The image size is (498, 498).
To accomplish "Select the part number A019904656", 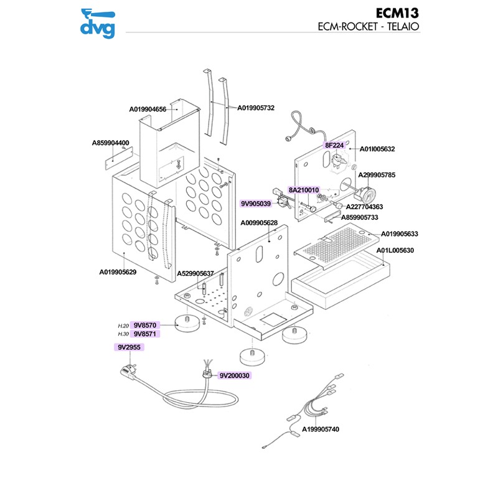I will tap(148, 110).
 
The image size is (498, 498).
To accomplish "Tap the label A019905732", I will tap(256, 108).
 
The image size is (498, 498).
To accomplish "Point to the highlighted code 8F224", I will tap(334, 145).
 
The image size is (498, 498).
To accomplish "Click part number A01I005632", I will tap(378, 149).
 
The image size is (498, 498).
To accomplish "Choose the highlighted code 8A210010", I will tap(303, 190).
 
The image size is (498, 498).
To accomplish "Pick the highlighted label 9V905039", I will tap(256, 204).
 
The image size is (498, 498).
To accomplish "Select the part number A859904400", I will tap(110, 143).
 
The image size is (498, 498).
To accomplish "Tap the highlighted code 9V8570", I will tap(144, 325).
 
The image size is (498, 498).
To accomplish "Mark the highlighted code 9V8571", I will tap(144, 334).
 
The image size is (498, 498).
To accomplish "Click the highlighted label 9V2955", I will tap(128, 347).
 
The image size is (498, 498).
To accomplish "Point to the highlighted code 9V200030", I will tap(234, 376).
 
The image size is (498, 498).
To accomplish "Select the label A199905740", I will tap(321, 430).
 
